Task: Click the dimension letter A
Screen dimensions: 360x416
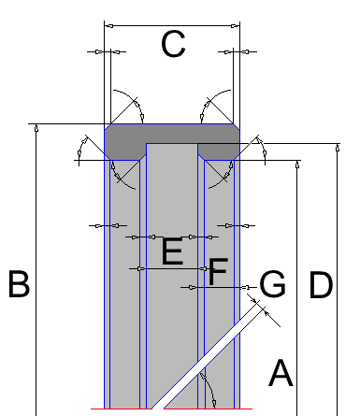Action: [281, 373]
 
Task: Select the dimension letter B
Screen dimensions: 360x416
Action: [19, 284]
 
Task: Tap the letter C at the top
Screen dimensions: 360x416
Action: [173, 44]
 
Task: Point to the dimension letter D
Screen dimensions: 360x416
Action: [321, 285]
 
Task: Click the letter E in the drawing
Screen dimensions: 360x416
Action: [172, 251]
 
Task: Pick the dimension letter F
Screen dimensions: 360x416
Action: [218, 271]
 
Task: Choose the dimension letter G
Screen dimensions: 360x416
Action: [272, 284]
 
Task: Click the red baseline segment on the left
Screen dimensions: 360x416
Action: [122, 409]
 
